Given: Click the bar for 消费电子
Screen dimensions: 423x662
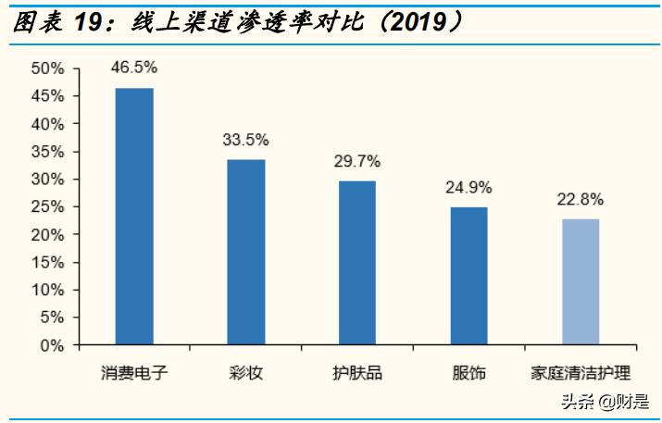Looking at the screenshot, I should tap(134, 217).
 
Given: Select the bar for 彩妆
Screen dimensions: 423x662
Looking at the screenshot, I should tap(246, 253).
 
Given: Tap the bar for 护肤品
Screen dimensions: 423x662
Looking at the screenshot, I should tap(357, 263).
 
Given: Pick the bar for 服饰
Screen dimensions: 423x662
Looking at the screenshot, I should tap(468, 276).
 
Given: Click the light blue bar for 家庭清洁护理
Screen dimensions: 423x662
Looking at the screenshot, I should tap(581, 282).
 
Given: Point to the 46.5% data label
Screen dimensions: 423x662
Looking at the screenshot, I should tap(134, 68).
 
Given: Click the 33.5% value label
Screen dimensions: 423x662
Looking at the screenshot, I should tap(246, 140).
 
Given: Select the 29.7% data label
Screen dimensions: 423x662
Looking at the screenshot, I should tap(357, 161).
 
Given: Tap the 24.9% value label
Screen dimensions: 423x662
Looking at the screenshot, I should tap(468, 188).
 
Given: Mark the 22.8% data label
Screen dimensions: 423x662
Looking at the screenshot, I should tap(581, 199).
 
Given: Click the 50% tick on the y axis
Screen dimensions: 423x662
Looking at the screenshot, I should tap(47, 68).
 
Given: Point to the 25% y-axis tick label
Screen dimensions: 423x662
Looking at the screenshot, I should tap(47, 207).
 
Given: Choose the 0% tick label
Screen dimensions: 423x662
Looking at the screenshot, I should tap(52, 345).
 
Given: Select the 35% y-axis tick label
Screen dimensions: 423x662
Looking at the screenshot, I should tap(47, 152).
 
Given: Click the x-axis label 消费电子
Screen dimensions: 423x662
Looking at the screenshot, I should tap(134, 373).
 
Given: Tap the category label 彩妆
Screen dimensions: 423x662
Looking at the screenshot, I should tap(246, 373).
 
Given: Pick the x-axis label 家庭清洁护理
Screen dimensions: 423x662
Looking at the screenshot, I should tap(581, 373).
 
